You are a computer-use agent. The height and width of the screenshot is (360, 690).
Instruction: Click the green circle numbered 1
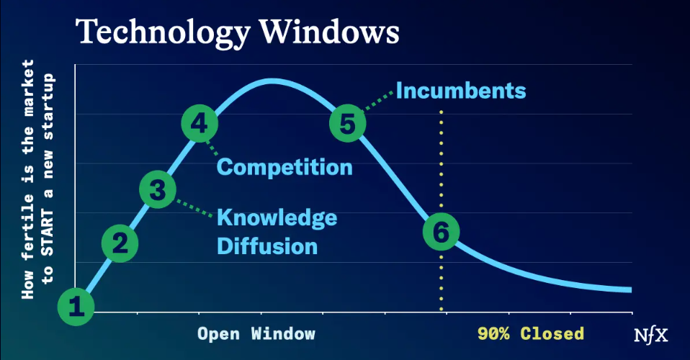pos(76,307)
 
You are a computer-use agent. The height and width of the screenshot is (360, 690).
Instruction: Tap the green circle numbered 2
pos(120,243)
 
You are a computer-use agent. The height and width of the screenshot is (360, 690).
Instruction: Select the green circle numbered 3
pos(158,189)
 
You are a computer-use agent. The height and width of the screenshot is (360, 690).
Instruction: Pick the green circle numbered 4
pos(200,124)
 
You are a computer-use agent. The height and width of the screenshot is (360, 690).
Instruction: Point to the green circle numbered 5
pos(348,123)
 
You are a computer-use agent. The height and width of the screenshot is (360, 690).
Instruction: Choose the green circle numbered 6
pos(442,232)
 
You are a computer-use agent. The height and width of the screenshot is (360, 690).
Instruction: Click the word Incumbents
pos(461,91)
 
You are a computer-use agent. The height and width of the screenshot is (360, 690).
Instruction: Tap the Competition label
pos(284,167)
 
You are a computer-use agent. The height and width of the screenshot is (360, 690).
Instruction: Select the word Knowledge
pos(277,217)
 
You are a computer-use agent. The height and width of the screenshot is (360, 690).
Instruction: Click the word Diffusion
pos(267,246)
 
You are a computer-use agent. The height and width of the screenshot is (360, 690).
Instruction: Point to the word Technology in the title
pos(163,32)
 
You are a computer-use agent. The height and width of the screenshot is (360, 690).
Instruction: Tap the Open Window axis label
pos(256,333)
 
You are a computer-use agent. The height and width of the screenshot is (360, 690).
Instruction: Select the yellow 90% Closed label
pos(531,333)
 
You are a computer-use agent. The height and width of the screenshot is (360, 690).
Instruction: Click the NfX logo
pos(651,336)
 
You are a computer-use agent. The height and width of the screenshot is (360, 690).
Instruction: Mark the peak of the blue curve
pos(272,81)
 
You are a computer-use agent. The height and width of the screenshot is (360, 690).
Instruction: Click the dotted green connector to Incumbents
pos(378,101)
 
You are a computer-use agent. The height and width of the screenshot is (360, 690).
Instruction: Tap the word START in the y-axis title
pos(48,233)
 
